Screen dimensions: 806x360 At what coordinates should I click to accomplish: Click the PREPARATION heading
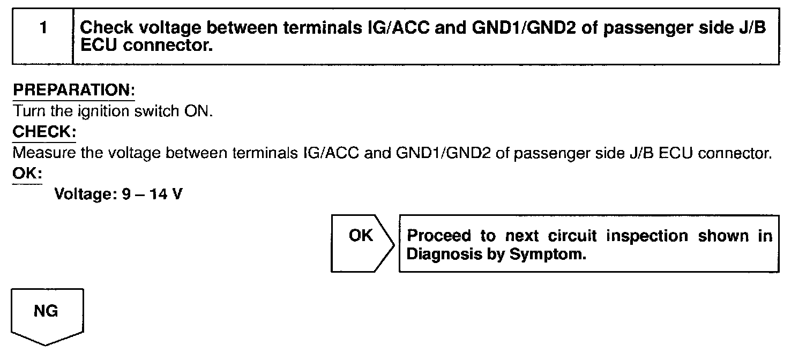(x=73, y=89)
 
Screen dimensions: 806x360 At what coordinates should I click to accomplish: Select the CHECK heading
(x=44, y=132)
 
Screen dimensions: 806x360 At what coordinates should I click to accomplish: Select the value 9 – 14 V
(x=152, y=194)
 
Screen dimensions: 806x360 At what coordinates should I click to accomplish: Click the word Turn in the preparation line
(x=25, y=111)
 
